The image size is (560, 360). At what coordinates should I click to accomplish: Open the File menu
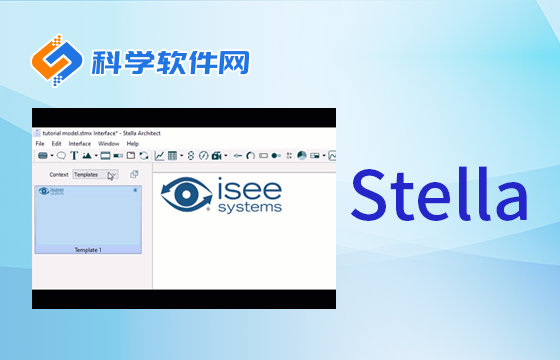[40, 143]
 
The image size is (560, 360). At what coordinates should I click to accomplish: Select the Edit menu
[56, 143]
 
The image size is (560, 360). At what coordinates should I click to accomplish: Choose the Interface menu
[79, 143]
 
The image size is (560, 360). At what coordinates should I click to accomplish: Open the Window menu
[108, 143]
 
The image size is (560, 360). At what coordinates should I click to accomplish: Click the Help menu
[132, 143]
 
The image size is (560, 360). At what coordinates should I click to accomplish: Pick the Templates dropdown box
[95, 174]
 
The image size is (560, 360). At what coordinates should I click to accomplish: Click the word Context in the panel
[59, 174]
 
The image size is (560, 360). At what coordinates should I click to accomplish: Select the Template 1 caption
[88, 249]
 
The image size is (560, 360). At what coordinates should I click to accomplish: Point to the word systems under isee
[248, 207]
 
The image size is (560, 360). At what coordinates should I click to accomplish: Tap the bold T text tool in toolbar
[74, 156]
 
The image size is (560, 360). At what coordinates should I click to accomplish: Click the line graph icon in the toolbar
[160, 156]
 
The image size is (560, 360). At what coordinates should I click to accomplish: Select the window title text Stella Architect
[140, 132]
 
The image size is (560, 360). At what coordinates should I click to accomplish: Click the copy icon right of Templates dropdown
[133, 174]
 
